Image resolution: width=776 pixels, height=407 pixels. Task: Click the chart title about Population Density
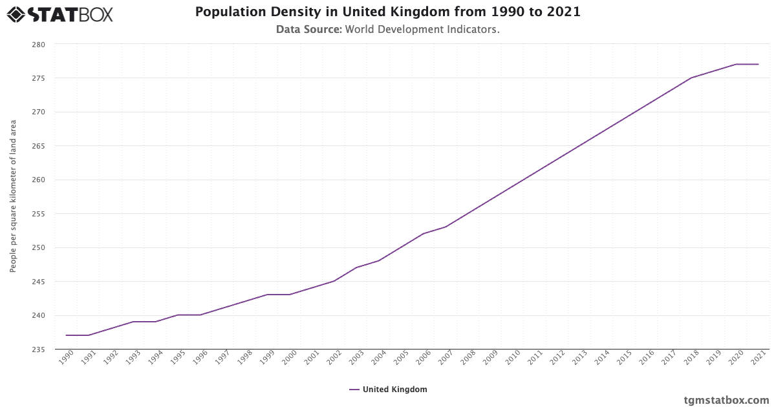pos(388,12)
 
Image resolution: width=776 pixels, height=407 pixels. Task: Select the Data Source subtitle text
pos(388,29)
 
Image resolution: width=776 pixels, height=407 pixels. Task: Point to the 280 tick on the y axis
pos(38,45)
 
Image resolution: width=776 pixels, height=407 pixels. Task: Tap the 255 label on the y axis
pos(38,214)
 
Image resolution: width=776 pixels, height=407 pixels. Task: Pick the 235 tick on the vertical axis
pos(38,350)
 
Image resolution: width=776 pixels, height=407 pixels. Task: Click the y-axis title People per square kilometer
pos(13,196)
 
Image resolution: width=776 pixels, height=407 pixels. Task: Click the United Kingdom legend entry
pos(388,390)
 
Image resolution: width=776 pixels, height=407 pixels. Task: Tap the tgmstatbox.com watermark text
pos(726,400)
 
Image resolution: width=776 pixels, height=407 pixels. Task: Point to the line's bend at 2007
pos(446,227)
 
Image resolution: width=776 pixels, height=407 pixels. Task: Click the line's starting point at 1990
pos(67,335)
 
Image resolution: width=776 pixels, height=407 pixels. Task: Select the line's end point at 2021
pos(758,64)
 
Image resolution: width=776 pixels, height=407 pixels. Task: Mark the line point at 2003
pos(356,267)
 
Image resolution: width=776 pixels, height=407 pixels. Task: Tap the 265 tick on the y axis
pos(38,146)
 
